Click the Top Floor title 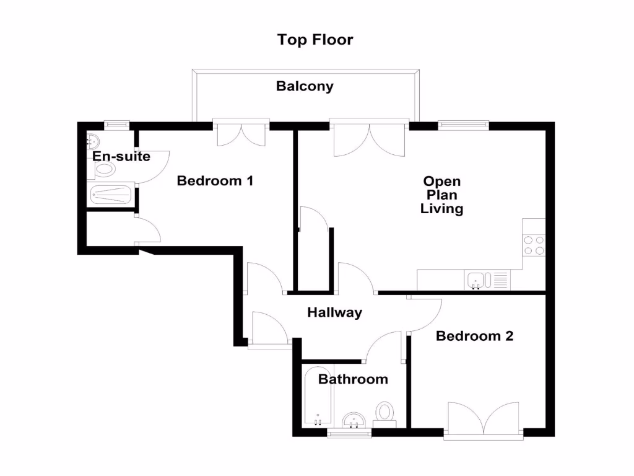[x=315, y=40]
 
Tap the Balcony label [x=305, y=87]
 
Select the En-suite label [x=121, y=156]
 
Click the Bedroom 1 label [x=215, y=181]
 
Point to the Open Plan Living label [x=441, y=195]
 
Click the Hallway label [x=334, y=313]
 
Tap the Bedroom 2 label [x=474, y=337]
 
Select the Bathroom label [x=353, y=379]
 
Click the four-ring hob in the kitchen [x=534, y=245]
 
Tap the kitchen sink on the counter [x=480, y=280]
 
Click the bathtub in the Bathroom [x=318, y=397]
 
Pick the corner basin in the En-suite [x=93, y=139]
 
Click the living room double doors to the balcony [x=370, y=138]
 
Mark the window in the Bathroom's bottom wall [x=349, y=434]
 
